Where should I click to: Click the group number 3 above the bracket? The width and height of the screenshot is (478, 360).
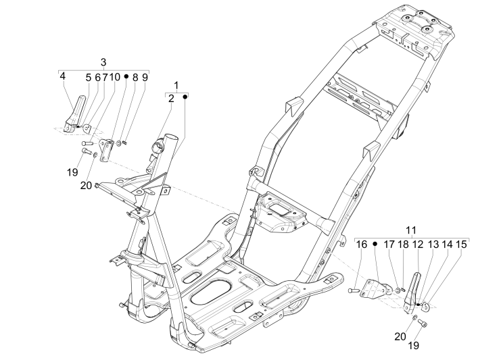(x=103, y=62)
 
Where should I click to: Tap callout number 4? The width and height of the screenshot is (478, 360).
(x=62, y=77)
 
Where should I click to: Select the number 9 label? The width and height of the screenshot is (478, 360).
(x=144, y=78)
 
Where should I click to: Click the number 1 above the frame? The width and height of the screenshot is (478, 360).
(x=176, y=85)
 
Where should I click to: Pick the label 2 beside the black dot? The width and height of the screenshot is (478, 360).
(x=171, y=99)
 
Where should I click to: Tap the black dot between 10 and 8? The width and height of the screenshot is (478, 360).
(x=126, y=78)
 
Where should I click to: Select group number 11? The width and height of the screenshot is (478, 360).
(x=412, y=230)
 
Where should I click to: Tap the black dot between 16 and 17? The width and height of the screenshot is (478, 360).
(x=375, y=244)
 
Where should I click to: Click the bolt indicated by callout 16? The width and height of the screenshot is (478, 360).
(x=355, y=290)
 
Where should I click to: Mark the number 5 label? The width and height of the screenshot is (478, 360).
(x=88, y=78)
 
